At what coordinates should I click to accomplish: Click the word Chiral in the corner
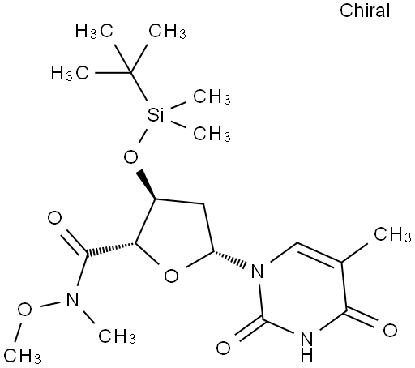tap(365, 11)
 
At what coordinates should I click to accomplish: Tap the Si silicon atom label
tap(156, 114)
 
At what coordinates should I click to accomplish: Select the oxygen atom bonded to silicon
tap(130, 157)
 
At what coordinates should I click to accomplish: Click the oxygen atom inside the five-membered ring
tap(171, 276)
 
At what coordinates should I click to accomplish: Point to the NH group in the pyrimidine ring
tap(307, 347)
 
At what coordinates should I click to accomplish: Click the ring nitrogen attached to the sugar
tap(257, 271)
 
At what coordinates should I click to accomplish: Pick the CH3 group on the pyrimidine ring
tap(392, 234)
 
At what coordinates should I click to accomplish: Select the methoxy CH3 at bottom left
tap(22, 355)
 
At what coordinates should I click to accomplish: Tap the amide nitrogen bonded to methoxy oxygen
tap(72, 299)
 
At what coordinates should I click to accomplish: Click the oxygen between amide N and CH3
tap(24, 310)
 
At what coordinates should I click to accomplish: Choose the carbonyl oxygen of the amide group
tap(54, 218)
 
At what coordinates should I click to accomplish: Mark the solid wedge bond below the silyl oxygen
tap(146, 185)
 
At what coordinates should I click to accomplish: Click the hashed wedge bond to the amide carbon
tap(110, 249)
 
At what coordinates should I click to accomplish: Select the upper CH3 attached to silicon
tap(212, 96)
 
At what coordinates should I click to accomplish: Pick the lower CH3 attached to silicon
tap(212, 134)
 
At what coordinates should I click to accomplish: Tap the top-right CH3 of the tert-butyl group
tap(167, 31)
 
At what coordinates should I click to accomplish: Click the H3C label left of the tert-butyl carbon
tap(70, 73)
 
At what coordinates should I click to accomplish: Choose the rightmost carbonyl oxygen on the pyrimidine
tap(390, 330)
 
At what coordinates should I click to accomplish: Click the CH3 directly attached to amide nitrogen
tap(117, 336)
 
